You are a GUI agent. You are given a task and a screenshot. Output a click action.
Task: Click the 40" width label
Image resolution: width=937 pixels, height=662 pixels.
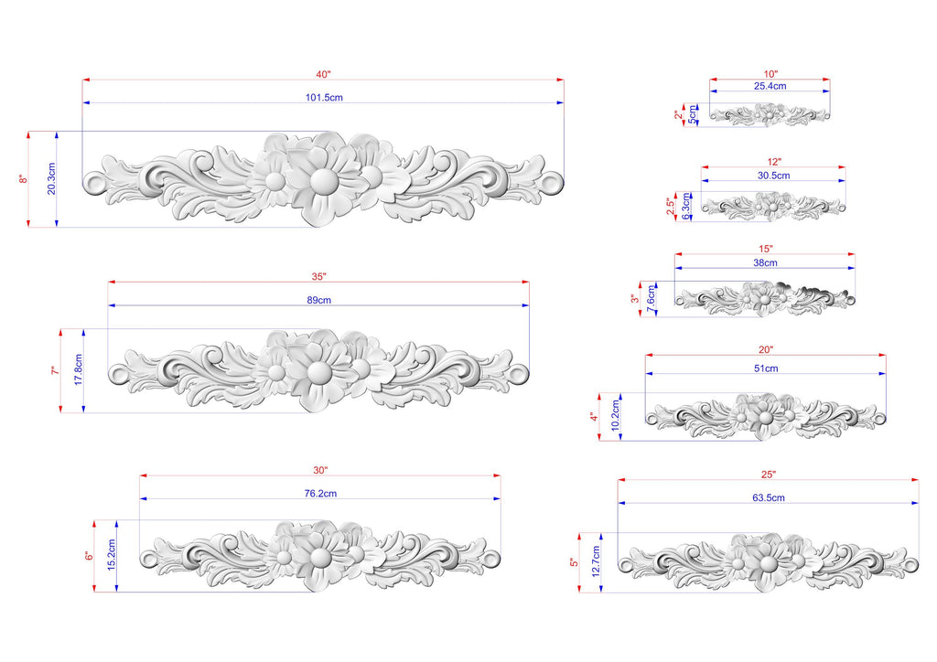pyautogui.click(x=323, y=75)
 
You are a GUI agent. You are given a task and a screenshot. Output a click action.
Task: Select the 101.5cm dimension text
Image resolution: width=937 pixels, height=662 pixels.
pyautogui.click(x=324, y=97)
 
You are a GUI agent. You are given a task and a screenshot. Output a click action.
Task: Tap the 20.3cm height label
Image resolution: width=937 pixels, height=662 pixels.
pyautogui.click(x=51, y=178)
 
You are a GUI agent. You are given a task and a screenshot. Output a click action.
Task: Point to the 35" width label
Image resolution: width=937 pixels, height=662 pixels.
pyautogui.click(x=318, y=277)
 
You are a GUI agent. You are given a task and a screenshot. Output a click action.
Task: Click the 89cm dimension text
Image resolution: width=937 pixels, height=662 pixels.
pyautogui.click(x=319, y=300)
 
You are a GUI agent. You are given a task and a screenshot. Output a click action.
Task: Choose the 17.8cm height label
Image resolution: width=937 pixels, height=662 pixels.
pyautogui.click(x=79, y=369)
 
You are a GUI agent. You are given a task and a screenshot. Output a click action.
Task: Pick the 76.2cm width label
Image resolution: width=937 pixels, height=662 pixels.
pyautogui.click(x=320, y=494)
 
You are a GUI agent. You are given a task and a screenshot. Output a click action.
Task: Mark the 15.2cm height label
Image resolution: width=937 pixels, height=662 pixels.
pyautogui.click(x=112, y=555)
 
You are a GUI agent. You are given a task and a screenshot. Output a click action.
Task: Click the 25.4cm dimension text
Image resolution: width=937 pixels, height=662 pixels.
pyautogui.click(x=770, y=86)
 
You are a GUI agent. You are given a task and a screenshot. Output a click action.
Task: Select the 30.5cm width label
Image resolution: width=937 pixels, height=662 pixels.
pyautogui.click(x=773, y=176)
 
